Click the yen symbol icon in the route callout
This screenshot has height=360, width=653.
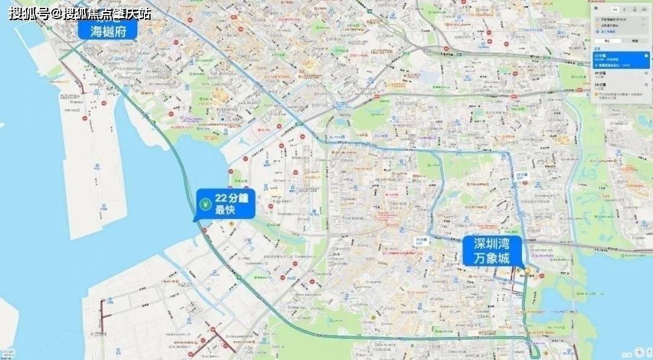tap(205, 205)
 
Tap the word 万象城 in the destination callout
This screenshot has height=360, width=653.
tap(492, 258)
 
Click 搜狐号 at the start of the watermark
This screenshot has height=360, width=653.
tap(28, 13)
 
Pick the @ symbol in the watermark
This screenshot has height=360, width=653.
tap(56, 13)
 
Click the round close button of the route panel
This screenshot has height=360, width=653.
tap(596, 8)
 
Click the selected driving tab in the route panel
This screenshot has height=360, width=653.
tap(616, 9)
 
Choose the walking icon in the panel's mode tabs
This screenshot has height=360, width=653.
tap(625, 9)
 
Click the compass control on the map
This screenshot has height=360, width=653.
tap(642, 351)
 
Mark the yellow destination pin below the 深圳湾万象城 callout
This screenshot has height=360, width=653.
tap(527, 270)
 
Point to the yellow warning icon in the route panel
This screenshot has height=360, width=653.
tap(596, 95)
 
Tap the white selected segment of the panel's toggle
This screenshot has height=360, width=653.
tap(608, 41)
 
